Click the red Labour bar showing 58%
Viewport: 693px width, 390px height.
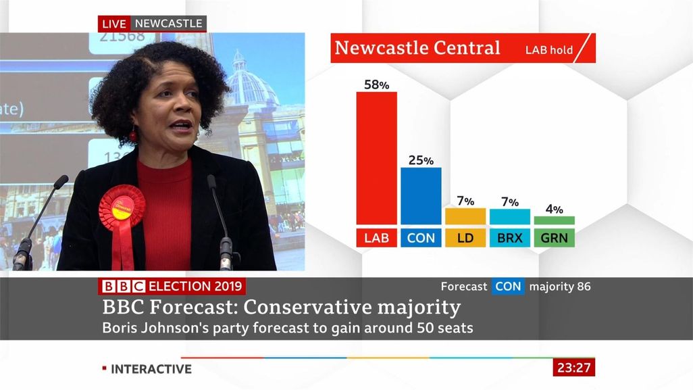[x=376, y=157]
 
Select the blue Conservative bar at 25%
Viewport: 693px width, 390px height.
[x=421, y=196]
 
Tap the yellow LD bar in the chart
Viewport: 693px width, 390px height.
[x=465, y=216]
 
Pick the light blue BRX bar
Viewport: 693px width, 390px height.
[x=510, y=216]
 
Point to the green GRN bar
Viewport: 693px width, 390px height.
[x=555, y=220]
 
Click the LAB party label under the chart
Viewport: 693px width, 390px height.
[x=376, y=238]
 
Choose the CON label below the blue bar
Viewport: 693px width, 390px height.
[x=421, y=238]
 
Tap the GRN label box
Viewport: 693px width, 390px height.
[x=555, y=238]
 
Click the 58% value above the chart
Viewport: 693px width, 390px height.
[x=376, y=85]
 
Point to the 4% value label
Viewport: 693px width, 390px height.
[x=555, y=210]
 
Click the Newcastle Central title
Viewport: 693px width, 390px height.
[x=417, y=48]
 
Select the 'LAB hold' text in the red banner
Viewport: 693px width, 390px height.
[x=549, y=50]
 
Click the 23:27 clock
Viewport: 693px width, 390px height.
[x=574, y=368]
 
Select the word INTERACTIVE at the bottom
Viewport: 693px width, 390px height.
[x=151, y=369]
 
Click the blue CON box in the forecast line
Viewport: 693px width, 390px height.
[x=508, y=287]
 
